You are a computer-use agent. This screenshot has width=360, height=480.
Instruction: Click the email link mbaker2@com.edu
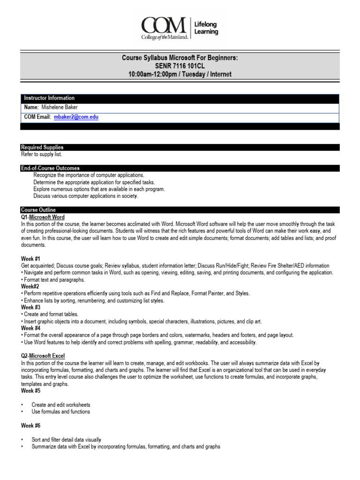(x=76, y=117)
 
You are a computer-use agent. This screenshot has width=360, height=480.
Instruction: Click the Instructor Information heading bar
(x=49, y=98)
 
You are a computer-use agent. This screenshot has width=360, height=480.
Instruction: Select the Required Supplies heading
(x=42, y=147)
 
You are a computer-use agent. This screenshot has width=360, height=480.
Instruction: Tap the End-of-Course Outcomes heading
(x=50, y=168)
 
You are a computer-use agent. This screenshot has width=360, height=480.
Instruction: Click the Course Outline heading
(x=38, y=210)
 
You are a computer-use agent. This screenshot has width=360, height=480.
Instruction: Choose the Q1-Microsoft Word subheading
(x=43, y=217)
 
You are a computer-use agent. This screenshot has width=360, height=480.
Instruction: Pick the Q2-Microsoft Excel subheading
(x=43, y=356)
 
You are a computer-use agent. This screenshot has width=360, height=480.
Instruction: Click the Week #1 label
(x=31, y=259)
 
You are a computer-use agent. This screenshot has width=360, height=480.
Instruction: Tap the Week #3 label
(x=31, y=307)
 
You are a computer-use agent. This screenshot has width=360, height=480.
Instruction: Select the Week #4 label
(x=31, y=328)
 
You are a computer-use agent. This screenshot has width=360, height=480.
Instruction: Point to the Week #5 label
(x=31, y=390)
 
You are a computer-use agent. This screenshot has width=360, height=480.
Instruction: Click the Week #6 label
(x=31, y=426)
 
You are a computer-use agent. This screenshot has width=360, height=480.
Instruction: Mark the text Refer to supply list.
(x=41, y=154)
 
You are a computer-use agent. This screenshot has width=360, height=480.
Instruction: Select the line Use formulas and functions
(x=61, y=412)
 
